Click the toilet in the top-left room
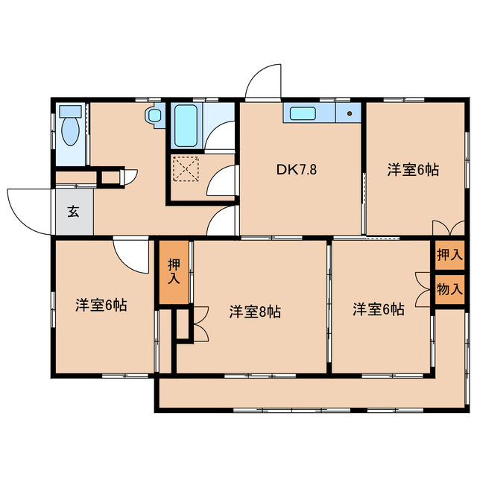[x=71, y=128]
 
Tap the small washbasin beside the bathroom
[x=154, y=116]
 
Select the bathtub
[x=185, y=125]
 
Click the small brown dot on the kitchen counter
[x=348, y=114]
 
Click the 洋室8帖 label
[x=254, y=312]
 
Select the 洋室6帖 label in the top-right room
[x=412, y=169]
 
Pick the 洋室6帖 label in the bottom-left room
[x=100, y=305]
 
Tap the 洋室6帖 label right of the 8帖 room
[x=379, y=309]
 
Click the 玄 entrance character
[x=73, y=210]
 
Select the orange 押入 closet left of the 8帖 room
[x=174, y=272]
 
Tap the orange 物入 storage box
[x=449, y=288]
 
